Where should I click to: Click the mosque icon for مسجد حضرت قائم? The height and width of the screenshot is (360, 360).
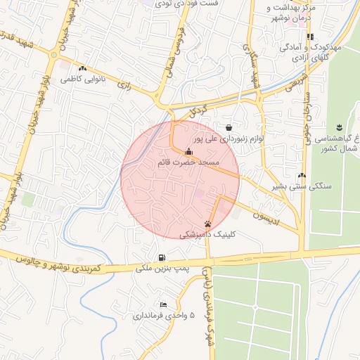[188, 152]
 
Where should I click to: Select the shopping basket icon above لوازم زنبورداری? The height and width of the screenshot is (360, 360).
[230, 127]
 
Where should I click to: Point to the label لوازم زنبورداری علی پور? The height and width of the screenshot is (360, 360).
[229, 139]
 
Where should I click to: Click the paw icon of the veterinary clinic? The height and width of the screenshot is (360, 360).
[207, 224]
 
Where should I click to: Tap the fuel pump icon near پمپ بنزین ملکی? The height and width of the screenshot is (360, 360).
[162, 257]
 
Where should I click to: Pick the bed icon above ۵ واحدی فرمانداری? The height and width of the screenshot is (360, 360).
[163, 304]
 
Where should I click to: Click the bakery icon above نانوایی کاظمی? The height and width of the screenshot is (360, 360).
[84, 69]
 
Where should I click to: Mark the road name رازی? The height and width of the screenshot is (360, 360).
[125, 86]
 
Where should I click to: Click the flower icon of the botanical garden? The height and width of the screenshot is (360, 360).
[339, 127]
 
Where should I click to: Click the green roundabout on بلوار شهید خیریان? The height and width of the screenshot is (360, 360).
[53, 55]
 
